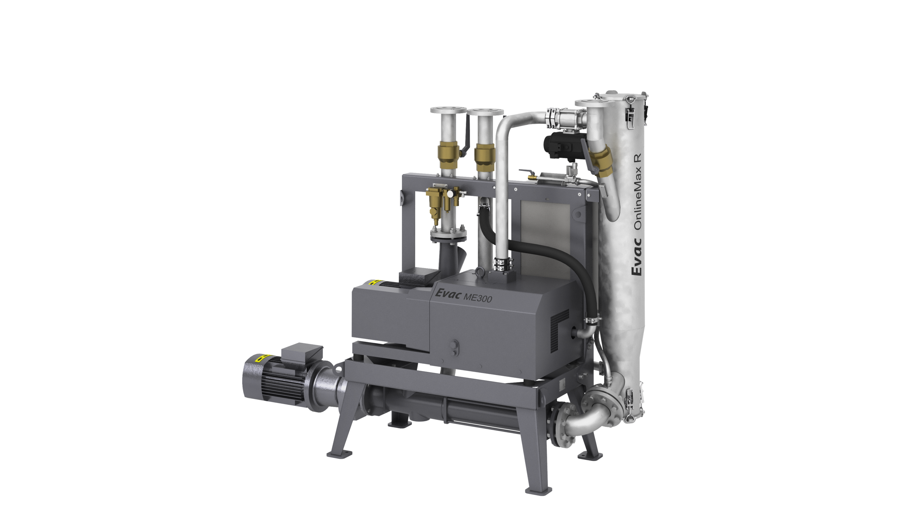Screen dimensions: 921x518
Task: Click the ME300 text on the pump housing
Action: coord(477,297)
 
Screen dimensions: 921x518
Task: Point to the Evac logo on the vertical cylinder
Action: coord(637,256)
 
